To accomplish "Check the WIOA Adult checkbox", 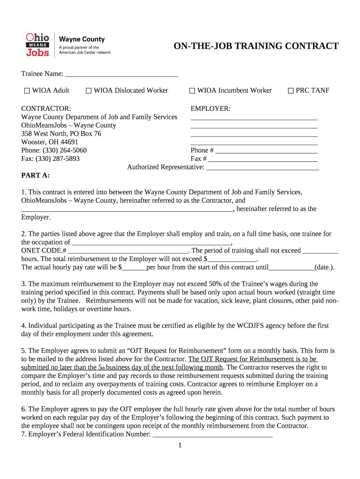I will pos(27,91).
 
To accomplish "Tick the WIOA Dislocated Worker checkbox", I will pos(88,91).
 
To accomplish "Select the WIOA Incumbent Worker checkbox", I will pos(192,91).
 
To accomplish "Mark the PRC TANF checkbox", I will pos(290,91).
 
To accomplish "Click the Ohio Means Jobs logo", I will pos(37,45).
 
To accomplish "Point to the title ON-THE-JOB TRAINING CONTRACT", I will pos(256,46).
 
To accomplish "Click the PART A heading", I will pos(36,175).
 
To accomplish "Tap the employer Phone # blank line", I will pos(266,151).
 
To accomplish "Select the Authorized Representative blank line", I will pos(263,167).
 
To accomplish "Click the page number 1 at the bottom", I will pos(180,445).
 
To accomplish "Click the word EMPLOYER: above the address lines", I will pos(210,109).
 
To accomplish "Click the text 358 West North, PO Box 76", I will pos(61,134).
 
